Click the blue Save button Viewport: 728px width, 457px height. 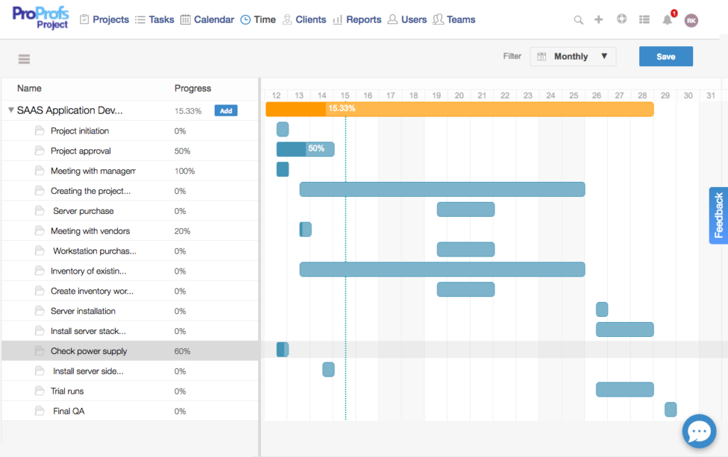(x=665, y=56)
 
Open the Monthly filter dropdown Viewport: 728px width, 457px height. (x=572, y=56)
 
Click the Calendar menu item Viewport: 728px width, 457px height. (x=207, y=20)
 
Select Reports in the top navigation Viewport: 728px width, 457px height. (x=357, y=20)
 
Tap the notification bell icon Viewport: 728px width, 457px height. (x=667, y=20)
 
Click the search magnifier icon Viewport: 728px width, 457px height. (x=579, y=20)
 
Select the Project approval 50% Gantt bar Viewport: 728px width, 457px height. (x=305, y=149)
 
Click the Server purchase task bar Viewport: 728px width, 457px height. (x=465, y=209)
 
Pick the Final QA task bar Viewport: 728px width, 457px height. (x=670, y=409)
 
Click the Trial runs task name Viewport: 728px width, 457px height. (x=68, y=391)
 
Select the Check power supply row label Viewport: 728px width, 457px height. (x=89, y=351)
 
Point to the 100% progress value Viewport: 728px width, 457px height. (x=185, y=171)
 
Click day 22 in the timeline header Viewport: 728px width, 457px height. (x=505, y=95)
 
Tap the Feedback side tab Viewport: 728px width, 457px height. (x=719, y=215)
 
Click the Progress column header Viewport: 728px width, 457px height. (x=193, y=88)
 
